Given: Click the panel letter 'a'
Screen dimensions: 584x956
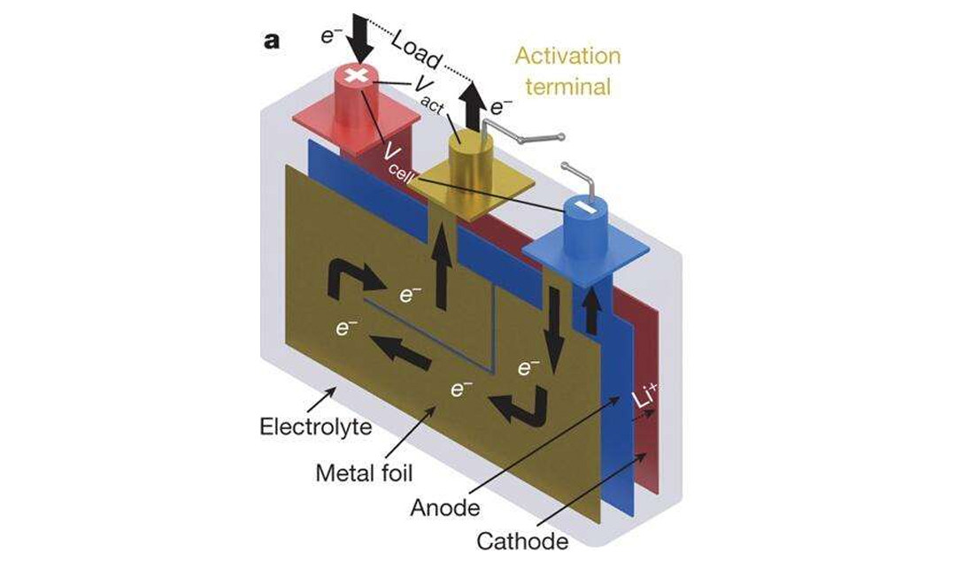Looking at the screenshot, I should [x=271, y=42].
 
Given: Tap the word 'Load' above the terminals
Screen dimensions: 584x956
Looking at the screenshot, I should [x=415, y=52].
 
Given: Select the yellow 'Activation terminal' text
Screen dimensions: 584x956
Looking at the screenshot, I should [x=567, y=72].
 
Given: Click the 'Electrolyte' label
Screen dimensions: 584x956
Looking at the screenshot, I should [x=304, y=427].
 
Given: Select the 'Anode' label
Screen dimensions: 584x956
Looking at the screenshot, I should [x=445, y=508].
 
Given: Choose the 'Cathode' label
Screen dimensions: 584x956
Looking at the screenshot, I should [x=522, y=541].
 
